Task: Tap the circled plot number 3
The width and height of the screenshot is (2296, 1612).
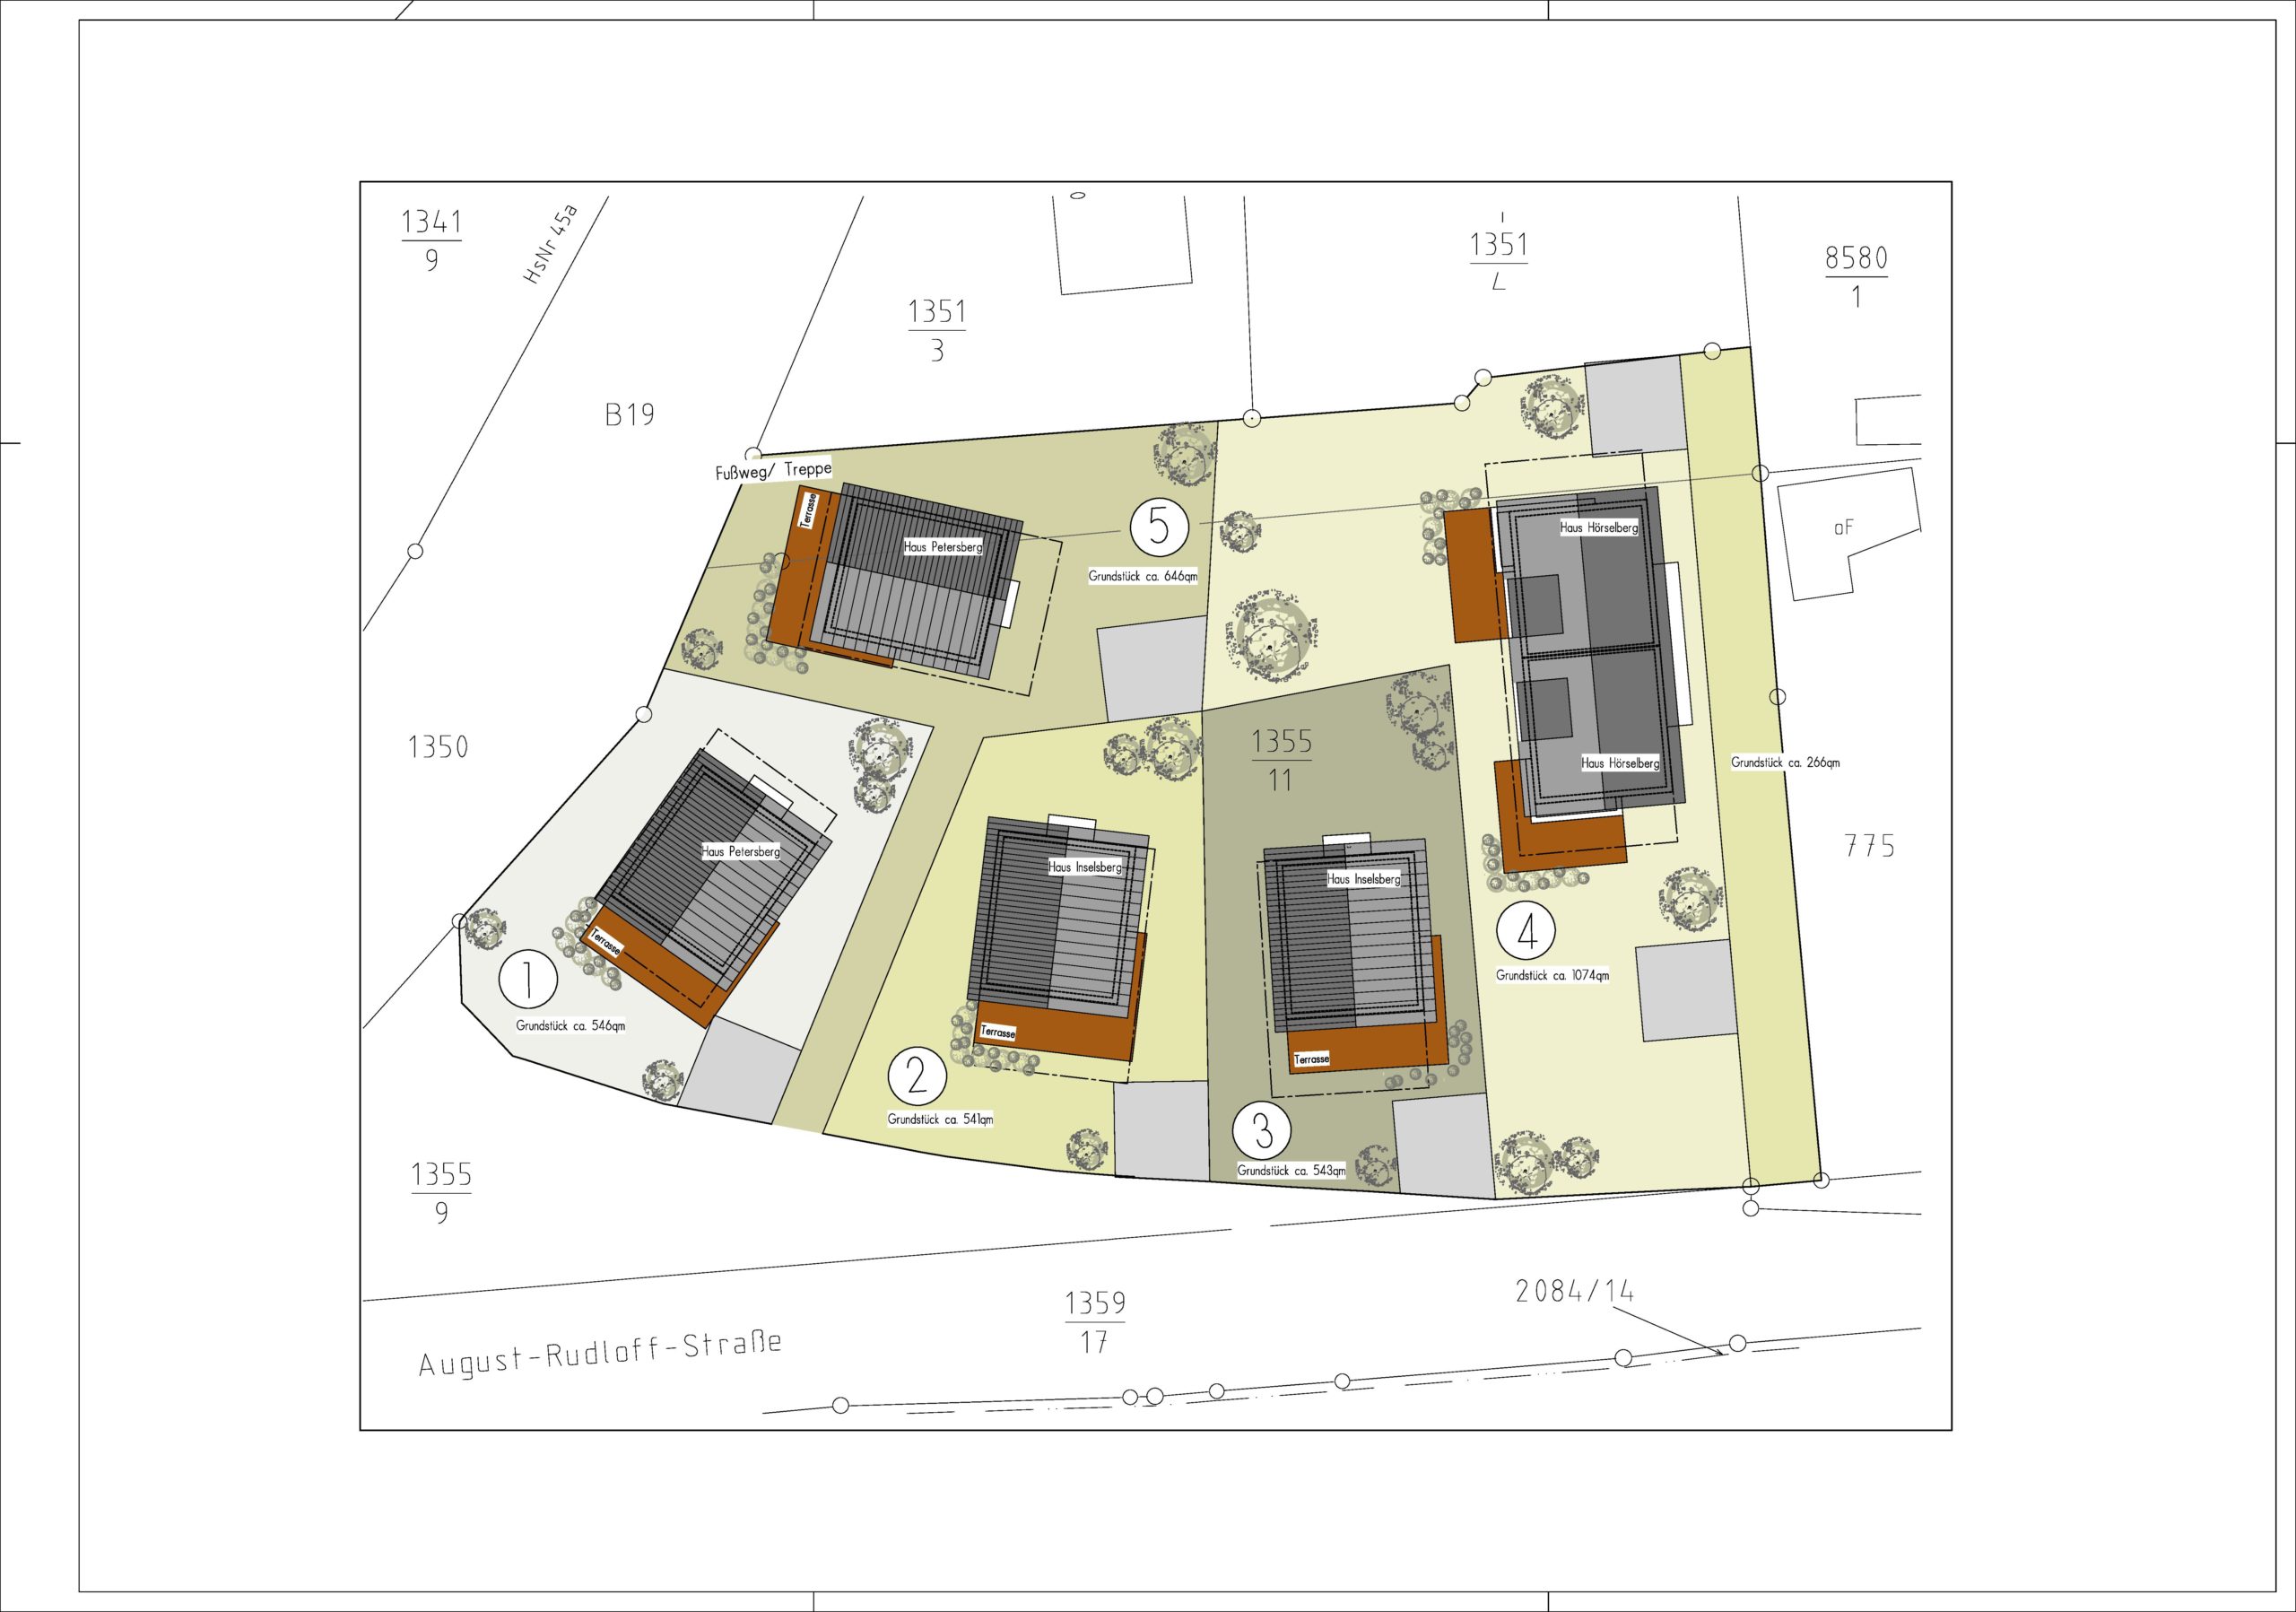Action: click(x=1262, y=1131)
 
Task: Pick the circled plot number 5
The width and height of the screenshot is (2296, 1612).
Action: click(x=1159, y=527)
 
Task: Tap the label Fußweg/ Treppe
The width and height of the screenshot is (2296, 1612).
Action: click(x=773, y=470)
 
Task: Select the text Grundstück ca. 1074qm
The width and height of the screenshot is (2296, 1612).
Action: click(x=1553, y=975)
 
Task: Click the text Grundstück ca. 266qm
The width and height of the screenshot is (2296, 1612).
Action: click(x=1785, y=762)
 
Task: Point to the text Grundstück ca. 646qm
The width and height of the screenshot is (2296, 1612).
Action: click(x=1143, y=576)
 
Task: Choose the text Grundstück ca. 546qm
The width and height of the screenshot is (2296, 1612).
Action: click(x=571, y=1026)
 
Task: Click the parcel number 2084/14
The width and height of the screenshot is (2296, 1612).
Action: click(x=1574, y=1292)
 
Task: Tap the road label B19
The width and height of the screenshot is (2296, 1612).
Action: click(x=629, y=414)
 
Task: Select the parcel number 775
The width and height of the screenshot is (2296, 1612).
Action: click(x=1869, y=847)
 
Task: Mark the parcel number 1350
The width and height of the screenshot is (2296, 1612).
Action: click(x=438, y=747)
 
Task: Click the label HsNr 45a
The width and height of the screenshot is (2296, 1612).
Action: click(x=551, y=245)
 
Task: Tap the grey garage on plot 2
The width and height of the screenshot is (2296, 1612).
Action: click(x=1162, y=1130)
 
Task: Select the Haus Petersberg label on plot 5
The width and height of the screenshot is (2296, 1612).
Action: click(x=943, y=547)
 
